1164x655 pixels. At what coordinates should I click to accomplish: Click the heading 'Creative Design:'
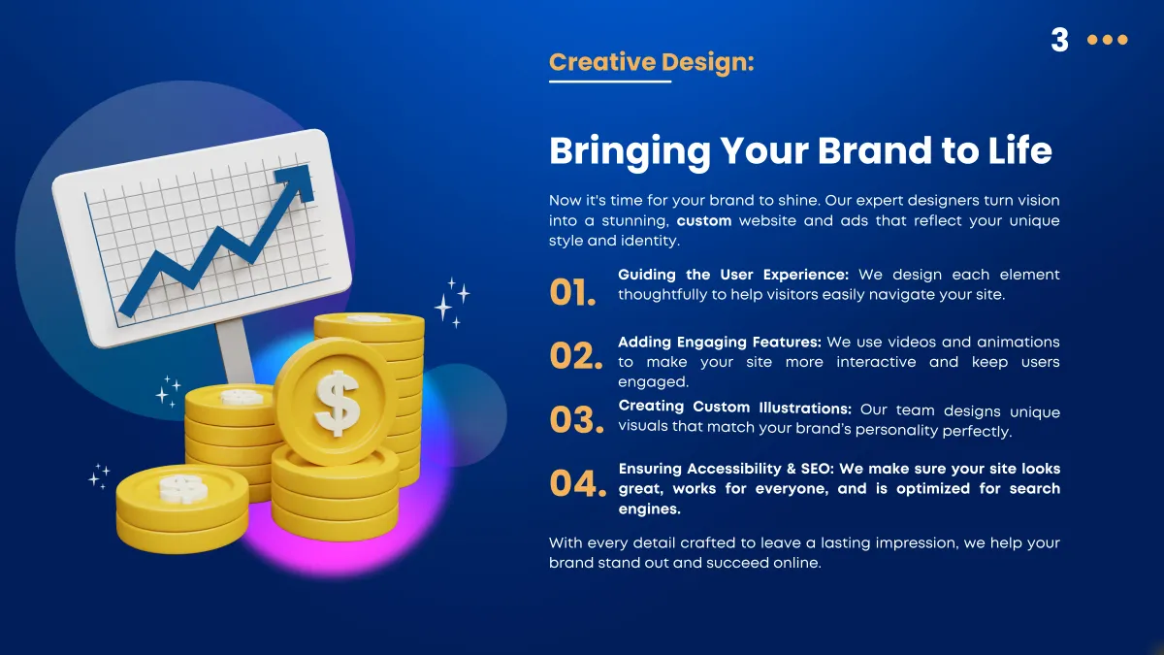click(651, 62)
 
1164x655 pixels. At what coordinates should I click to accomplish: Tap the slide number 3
click(1059, 40)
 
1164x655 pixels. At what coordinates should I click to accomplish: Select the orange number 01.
click(572, 292)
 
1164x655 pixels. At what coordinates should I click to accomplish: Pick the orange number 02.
click(576, 356)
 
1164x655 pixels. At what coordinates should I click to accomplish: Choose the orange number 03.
click(576, 420)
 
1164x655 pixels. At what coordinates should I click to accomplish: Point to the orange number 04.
click(577, 483)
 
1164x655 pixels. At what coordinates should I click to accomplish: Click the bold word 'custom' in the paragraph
click(704, 221)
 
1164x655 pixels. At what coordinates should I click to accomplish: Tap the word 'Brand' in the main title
click(875, 151)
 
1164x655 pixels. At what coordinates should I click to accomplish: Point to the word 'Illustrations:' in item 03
click(805, 408)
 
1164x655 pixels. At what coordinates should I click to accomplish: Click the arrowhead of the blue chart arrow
click(297, 182)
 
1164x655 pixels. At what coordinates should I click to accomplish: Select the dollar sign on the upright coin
click(337, 403)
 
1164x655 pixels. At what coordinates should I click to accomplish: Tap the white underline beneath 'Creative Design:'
click(610, 82)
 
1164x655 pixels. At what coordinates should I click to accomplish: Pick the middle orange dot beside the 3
click(1108, 40)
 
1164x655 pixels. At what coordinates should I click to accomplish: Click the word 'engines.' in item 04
click(649, 508)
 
